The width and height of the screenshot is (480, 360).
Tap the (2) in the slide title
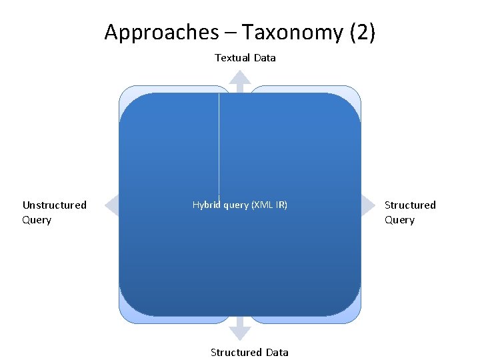click(361, 32)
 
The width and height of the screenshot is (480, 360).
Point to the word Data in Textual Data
click(265, 58)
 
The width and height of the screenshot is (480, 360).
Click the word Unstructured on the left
click(54, 205)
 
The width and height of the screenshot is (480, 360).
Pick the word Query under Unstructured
click(37, 220)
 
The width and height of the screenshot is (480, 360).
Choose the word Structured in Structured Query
click(410, 205)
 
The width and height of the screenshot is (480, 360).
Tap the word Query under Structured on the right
click(399, 220)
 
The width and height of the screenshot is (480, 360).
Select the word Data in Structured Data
click(276, 353)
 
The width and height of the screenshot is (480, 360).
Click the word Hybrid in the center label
click(206, 205)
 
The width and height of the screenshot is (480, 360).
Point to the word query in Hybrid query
click(235, 205)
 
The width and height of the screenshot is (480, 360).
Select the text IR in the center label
click(281, 205)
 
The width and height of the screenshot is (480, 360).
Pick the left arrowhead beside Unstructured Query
click(112, 205)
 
